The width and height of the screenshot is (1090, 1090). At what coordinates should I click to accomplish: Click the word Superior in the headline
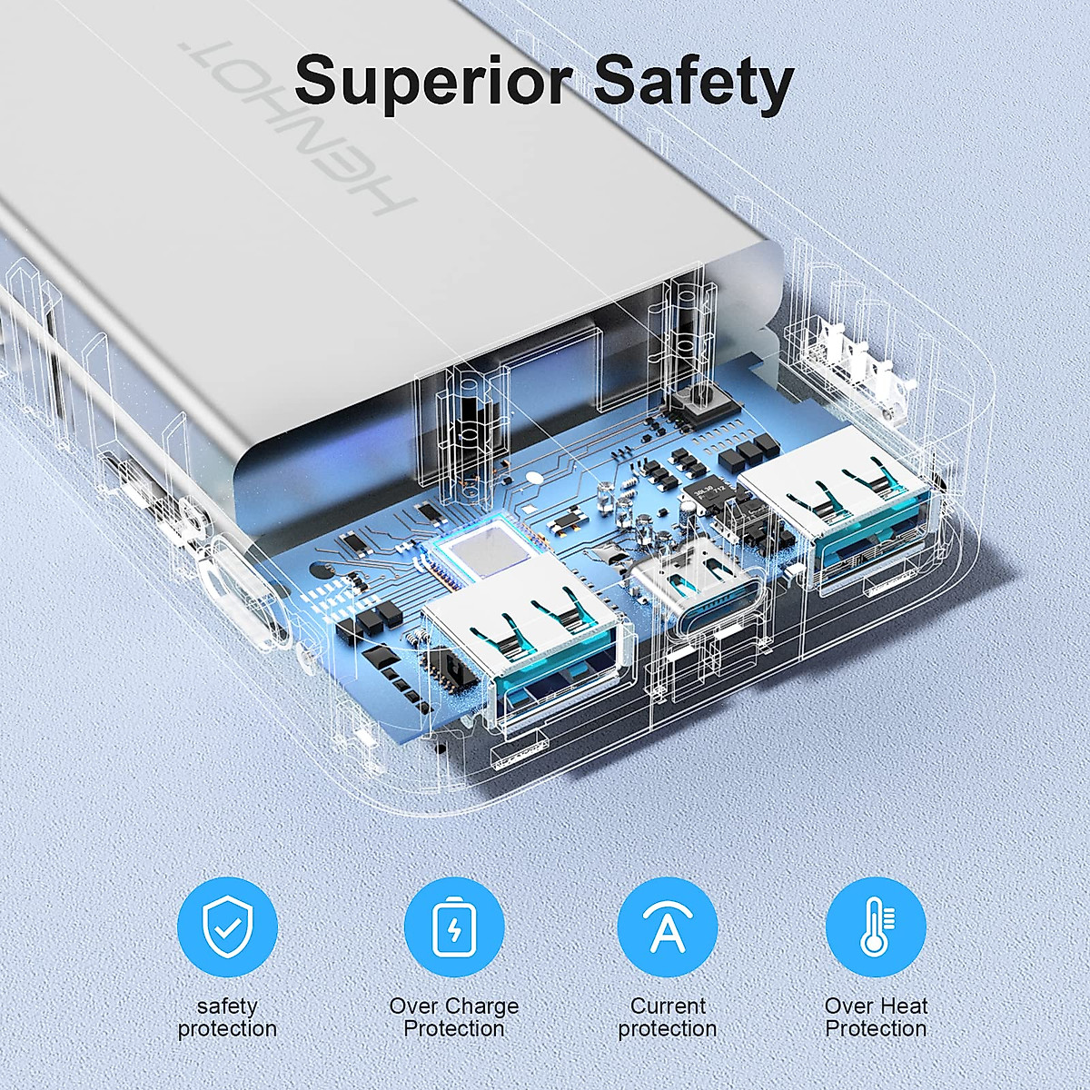(432, 82)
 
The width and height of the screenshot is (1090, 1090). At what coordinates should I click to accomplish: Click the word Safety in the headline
(693, 82)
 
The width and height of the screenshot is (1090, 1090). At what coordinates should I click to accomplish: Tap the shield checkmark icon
(227, 927)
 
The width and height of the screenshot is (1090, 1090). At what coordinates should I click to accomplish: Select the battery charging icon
(454, 927)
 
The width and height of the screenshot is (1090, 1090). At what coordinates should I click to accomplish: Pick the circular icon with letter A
(668, 927)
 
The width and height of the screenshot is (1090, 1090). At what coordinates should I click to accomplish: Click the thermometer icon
(876, 927)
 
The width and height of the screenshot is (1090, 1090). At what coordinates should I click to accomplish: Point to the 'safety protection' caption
(227, 1017)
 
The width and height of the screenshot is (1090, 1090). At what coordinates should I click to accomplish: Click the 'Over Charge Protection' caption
(454, 1017)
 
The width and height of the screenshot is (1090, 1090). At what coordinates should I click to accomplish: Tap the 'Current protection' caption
(668, 1017)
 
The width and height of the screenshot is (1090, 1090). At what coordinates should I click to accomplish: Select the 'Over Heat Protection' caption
(876, 1017)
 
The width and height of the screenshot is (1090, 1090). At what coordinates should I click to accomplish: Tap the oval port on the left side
(243, 595)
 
